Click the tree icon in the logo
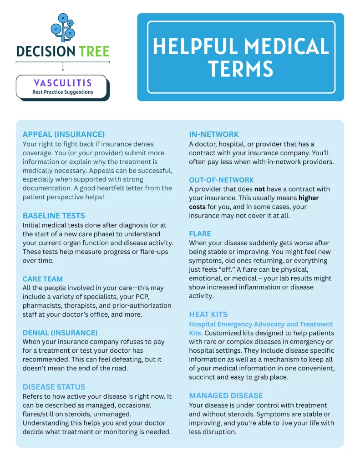63,28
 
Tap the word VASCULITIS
63,83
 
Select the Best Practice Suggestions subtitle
63,92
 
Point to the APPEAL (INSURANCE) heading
64,134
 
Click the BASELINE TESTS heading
54,215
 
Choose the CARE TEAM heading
43,279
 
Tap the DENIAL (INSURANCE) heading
60,333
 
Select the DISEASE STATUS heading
54,387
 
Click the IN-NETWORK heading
214,134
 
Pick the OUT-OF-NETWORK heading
222,180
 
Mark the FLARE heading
200,233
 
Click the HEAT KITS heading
208,314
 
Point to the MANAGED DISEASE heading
226,395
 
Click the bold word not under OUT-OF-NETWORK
259,189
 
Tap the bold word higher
309,198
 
